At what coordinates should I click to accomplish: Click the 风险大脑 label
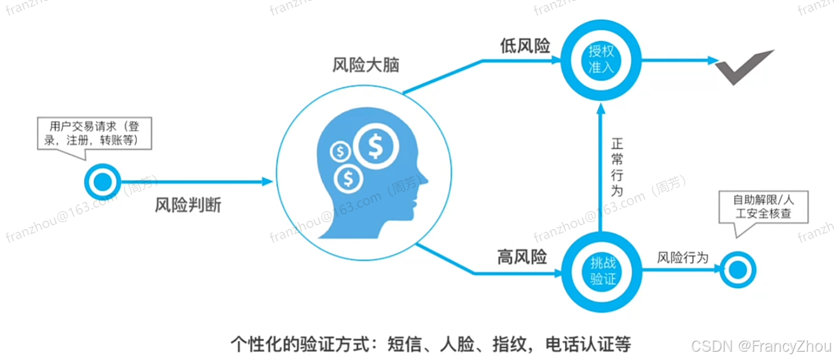366,66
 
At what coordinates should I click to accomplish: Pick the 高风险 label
522,257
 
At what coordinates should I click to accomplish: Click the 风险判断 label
188,207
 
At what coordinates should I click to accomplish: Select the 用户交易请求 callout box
94,133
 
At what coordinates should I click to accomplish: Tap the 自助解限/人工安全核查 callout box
763,206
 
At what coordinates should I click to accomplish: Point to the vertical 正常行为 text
615,167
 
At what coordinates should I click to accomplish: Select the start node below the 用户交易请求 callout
101,182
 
